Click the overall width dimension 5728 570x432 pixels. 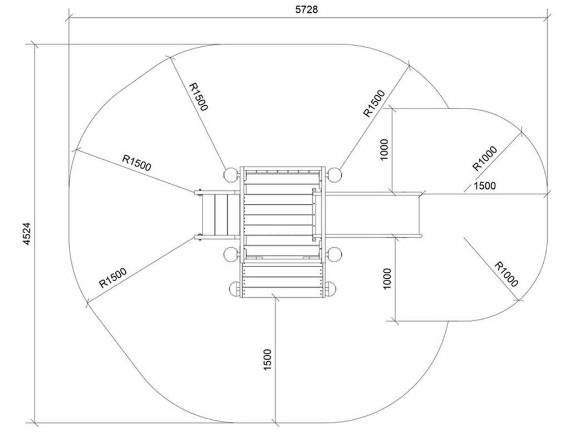[307, 10]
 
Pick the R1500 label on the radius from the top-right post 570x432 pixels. [374, 104]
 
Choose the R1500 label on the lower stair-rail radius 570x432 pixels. [113, 277]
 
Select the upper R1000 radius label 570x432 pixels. [485, 158]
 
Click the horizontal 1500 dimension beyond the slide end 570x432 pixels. [484, 186]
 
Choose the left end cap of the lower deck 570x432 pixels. [235, 289]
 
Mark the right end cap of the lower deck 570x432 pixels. [330, 289]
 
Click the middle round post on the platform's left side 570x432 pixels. [230, 255]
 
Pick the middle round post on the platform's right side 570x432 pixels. [334, 255]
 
